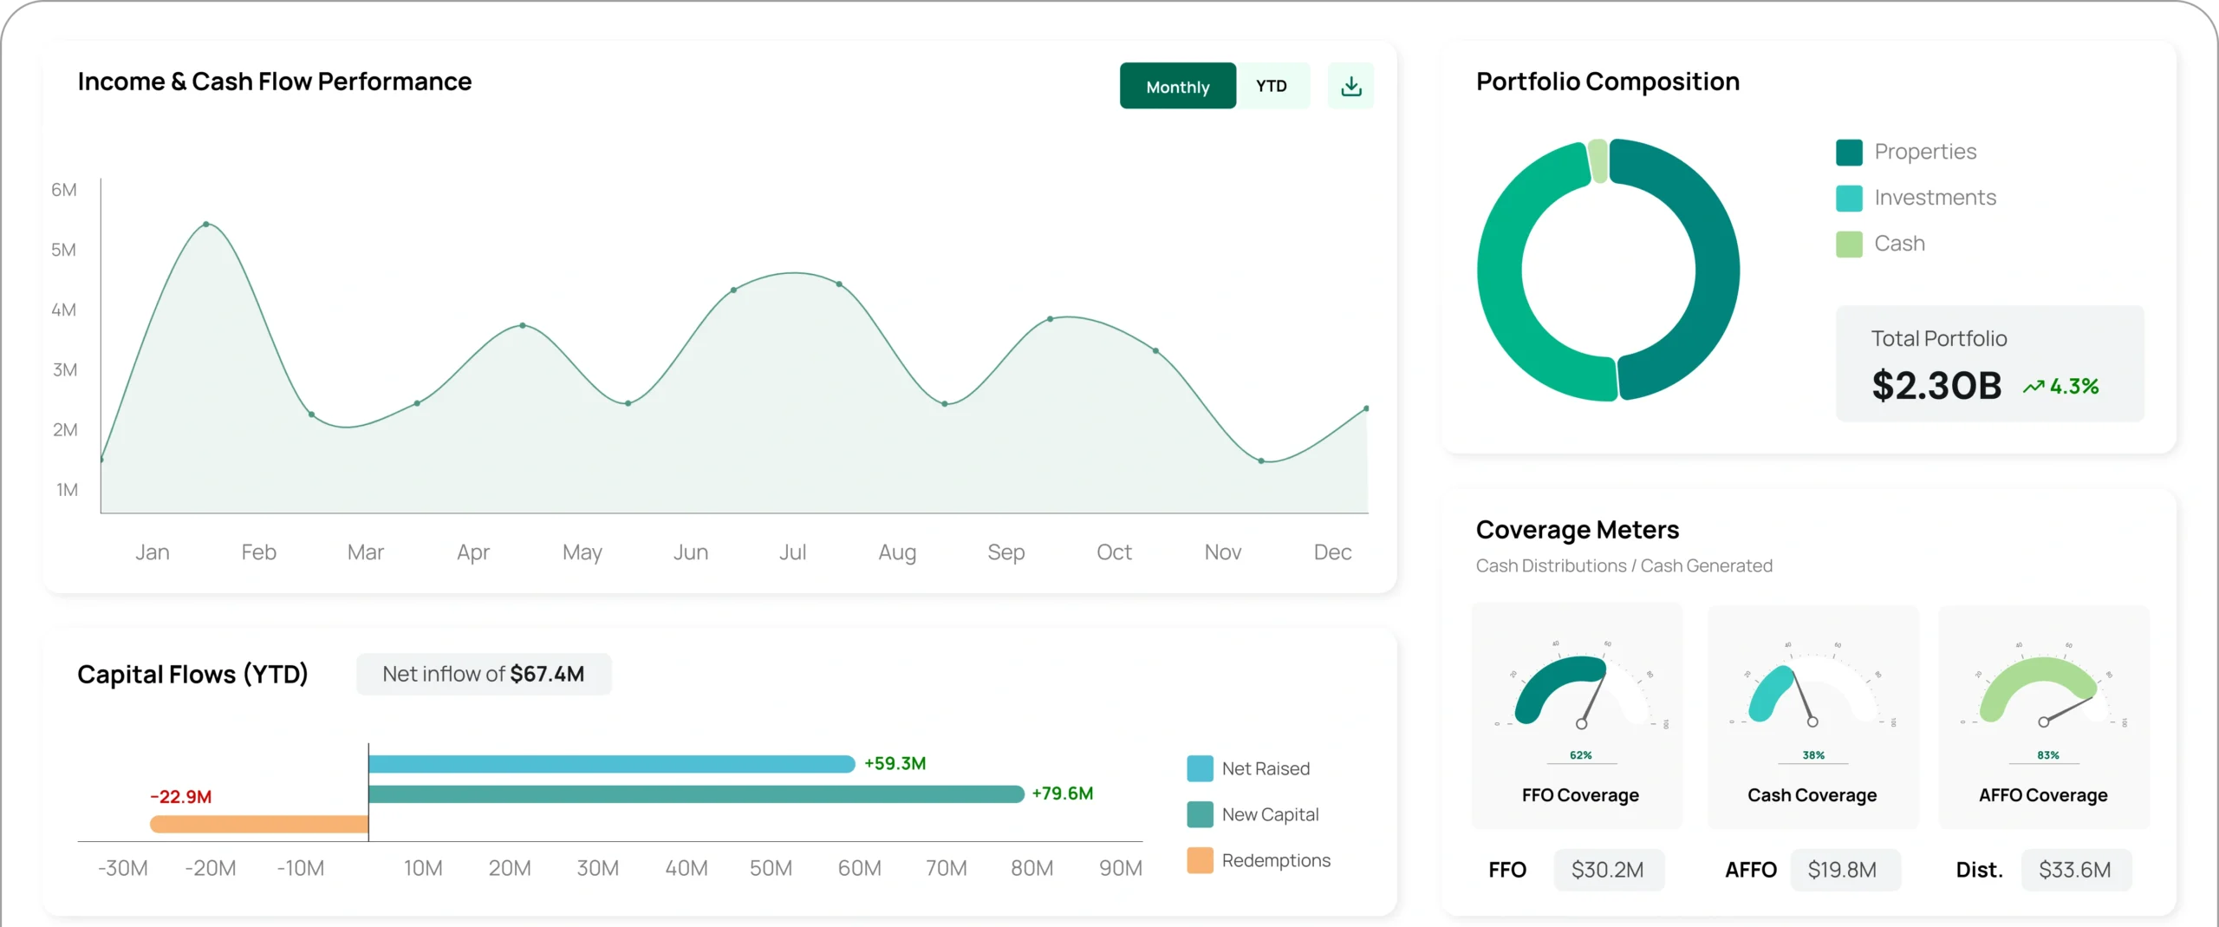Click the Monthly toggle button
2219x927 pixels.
point(1177,86)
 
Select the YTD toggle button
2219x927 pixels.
point(1272,86)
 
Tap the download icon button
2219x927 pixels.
point(1350,86)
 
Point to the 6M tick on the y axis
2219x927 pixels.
point(64,190)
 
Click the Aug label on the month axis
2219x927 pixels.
point(897,552)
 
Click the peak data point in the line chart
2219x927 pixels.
point(206,224)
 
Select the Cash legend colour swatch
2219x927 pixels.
point(1849,245)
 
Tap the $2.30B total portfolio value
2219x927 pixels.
point(1936,386)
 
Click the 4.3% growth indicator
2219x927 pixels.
point(2061,387)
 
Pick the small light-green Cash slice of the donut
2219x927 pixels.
point(1598,161)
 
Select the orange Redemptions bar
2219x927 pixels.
point(259,824)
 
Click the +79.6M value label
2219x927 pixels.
point(1062,793)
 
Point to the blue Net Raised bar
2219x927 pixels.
point(611,764)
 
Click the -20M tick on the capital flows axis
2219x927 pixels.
point(211,868)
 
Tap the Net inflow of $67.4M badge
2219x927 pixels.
point(484,675)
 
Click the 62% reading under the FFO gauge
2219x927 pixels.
point(1581,755)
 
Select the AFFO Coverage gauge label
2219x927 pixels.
point(2043,795)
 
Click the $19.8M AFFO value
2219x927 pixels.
point(1842,870)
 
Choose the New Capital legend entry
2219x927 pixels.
point(1270,814)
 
